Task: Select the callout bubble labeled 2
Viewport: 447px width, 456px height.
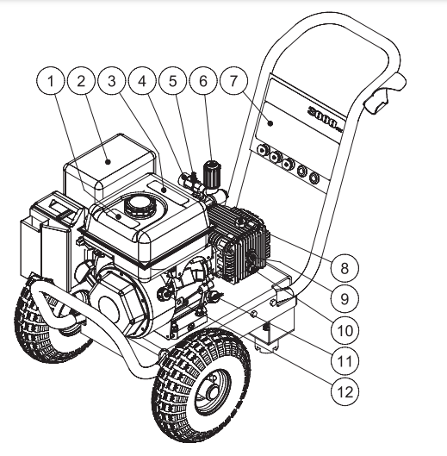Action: click(x=83, y=81)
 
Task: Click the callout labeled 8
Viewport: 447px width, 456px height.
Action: click(x=344, y=268)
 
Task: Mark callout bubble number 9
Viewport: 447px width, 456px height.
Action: click(x=344, y=299)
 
